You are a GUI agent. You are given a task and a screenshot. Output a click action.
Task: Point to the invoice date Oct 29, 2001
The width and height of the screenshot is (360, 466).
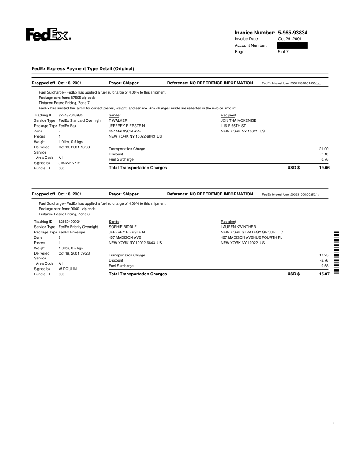tap(289, 39)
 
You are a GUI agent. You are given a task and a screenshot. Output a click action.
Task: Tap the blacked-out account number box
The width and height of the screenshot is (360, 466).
tap(289, 45)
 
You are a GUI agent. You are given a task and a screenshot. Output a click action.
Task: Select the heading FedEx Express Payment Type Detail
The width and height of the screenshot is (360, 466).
tap(82, 68)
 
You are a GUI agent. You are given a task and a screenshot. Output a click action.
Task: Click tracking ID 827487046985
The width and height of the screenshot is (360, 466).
tap(71, 115)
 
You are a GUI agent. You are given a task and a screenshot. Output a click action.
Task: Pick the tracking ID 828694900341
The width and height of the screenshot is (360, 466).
tap(71, 221)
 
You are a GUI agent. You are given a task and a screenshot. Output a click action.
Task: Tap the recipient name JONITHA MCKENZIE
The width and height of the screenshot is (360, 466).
tap(238, 120)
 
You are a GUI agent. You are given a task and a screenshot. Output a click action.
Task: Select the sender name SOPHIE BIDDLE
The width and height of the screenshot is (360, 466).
tap(122, 227)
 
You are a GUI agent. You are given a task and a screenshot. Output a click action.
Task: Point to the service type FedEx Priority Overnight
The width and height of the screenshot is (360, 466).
tap(78, 227)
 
